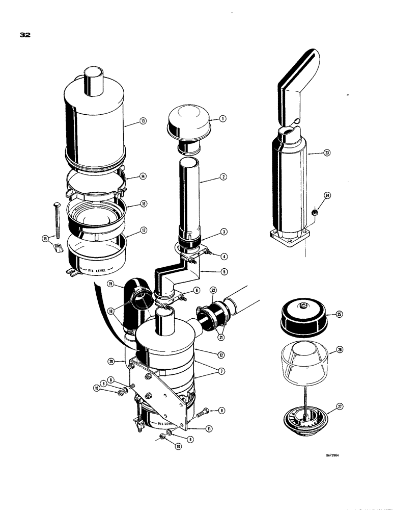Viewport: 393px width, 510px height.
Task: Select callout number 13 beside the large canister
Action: click(x=143, y=121)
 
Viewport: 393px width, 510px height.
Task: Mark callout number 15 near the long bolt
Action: click(x=45, y=238)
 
